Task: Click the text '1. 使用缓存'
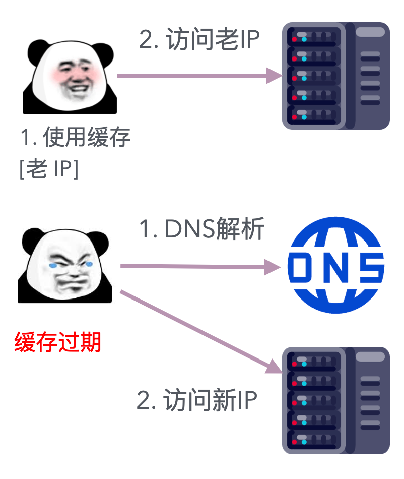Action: click(x=75, y=137)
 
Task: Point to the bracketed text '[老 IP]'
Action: click(x=49, y=169)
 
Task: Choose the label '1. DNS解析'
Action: click(x=201, y=230)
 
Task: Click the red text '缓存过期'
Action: click(x=58, y=342)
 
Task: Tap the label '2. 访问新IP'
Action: click(x=197, y=401)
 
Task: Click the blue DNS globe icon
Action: click(x=335, y=265)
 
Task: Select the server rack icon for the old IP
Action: click(x=335, y=76)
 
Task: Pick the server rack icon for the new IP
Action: click(x=335, y=400)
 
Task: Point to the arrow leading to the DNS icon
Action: click(x=196, y=266)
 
